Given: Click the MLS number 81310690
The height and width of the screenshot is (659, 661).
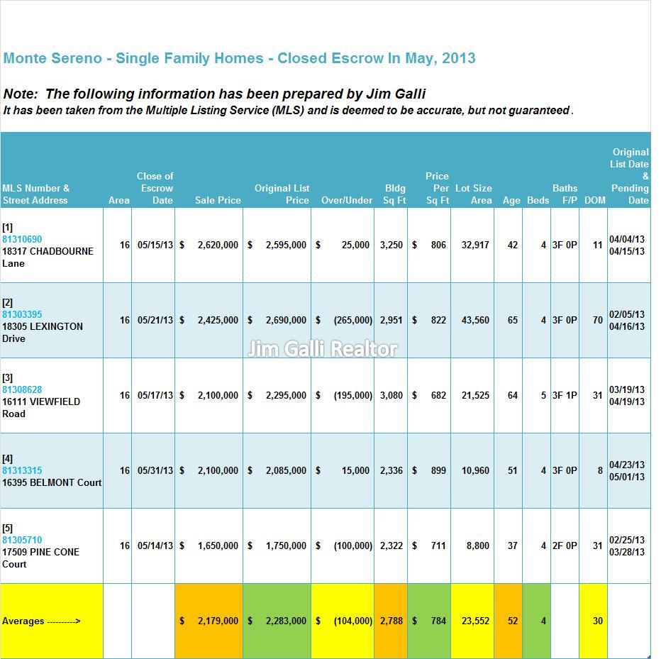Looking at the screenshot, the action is pyautogui.click(x=22, y=239).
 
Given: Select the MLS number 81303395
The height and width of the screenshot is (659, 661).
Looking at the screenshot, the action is pyautogui.click(x=22, y=314).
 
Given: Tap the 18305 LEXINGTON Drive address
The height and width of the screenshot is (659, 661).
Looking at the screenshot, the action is pyautogui.click(x=43, y=332).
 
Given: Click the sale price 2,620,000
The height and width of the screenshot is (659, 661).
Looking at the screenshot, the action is pyautogui.click(x=218, y=245).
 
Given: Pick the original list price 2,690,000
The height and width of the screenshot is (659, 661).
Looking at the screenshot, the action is pyautogui.click(x=286, y=320).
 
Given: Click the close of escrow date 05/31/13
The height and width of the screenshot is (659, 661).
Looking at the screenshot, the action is pyautogui.click(x=155, y=470).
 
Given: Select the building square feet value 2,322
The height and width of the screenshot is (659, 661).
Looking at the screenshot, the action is pyautogui.click(x=391, y=546).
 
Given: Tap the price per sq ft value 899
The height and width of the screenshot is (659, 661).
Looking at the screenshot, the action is pyautogui.click(x=438, y=470).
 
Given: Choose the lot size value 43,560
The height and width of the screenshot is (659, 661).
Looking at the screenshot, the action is pyautogui.click(x=475, y=320).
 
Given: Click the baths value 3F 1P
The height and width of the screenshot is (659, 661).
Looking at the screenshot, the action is pyautogui.click(x=565, y=396).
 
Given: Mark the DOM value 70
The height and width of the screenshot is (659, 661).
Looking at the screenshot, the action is pyautogui.click(x=598, y=320).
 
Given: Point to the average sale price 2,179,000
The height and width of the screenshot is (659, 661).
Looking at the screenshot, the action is pyautogui.click(x=218, y=621).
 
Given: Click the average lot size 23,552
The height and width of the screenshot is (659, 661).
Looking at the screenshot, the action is pyautogui.click(x=475, y=621).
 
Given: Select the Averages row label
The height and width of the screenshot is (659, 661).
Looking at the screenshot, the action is pyautogui.click(x=41, y=621).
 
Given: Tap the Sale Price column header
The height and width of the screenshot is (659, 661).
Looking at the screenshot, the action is pyautogui.click(x=218, y=200).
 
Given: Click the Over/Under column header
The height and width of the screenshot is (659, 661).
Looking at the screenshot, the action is pyautogui.click(x=347, y=200).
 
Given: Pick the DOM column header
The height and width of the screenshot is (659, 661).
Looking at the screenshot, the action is pyautogui.click(x=595, y=200).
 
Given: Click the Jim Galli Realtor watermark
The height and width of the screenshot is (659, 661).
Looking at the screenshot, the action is pyautogui.click(x=322, y=349).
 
